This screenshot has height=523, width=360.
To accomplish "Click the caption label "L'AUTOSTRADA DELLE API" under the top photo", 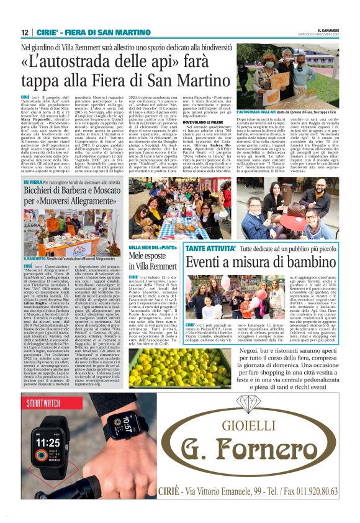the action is point(256,111).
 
